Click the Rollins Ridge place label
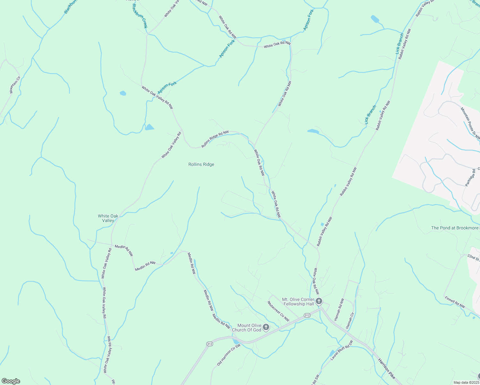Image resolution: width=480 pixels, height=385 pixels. point(201,164)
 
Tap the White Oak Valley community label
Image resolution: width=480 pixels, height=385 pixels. point(108,218)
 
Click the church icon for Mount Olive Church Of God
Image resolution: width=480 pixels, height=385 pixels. point(266,327)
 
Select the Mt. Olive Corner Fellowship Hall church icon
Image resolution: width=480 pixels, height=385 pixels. point(319,301)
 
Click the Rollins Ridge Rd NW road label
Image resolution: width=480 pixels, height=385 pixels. point(215,139)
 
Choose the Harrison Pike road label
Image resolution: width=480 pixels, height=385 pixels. point(387,368)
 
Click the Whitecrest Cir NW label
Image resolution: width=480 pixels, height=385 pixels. point(278,311)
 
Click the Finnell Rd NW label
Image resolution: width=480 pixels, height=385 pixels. point(455,302)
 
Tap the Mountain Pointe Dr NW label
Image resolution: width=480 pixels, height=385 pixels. point(470,124)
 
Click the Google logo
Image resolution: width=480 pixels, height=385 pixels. point(11,381)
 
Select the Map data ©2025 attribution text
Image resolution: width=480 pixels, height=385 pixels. point(466,382)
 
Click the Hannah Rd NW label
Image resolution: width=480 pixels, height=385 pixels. point(339,310)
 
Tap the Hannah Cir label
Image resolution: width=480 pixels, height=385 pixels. point(350,320)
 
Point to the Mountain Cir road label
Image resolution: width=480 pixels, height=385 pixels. point(15,85)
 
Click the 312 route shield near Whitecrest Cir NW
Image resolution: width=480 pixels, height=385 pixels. point(307,315)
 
